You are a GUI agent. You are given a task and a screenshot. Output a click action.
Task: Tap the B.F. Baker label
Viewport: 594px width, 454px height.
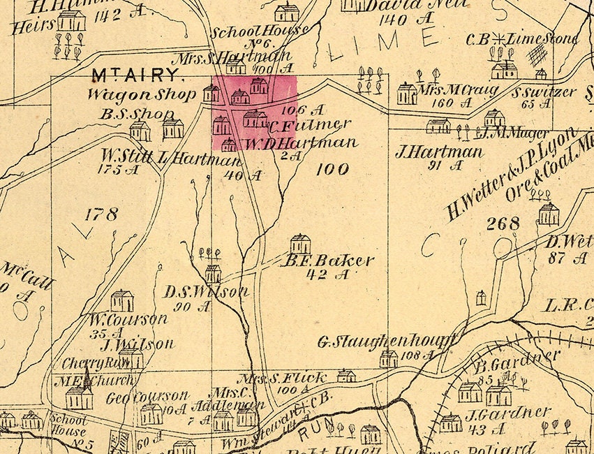(327, 261)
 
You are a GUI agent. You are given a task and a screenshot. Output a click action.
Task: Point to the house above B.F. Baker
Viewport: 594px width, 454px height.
(300, 244)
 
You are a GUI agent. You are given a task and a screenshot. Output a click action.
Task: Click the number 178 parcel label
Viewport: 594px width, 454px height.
(101, 214)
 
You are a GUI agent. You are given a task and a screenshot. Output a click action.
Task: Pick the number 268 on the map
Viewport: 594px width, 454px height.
(503, 224)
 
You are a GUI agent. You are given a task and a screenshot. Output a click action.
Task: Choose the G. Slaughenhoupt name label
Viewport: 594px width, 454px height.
(386, 342)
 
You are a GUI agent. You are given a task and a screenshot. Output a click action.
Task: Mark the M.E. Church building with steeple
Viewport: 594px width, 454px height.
(79, 396)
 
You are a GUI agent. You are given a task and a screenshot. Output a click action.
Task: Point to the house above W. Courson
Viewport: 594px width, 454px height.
(121, 300)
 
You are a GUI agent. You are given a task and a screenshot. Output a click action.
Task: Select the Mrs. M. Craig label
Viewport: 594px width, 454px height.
(459, 91)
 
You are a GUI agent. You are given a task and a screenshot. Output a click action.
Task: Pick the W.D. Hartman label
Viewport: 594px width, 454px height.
(301, 143)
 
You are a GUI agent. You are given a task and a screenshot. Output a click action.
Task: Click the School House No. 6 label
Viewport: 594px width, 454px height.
(260, 31)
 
